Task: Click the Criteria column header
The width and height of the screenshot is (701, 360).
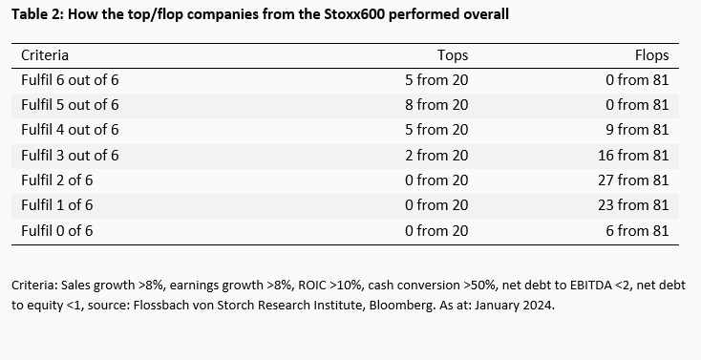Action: pyautogui.click(x=45, y=56)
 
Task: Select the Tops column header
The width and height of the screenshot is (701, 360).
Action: pyautogui.click(x=452, y=56)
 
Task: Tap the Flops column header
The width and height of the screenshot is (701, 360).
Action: pyautogui.click(x=651, y=56)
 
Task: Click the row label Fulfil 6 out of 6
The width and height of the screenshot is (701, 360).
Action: pyautogui.click(x=70, y=81)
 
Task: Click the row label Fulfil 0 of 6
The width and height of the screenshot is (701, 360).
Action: pyautogui.click(x=57, y=229)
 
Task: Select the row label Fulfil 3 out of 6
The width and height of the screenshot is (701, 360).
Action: pyautogui.click(x=70, y=155)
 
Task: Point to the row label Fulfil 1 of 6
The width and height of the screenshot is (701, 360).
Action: pyautogui.click(x=57, y=204)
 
